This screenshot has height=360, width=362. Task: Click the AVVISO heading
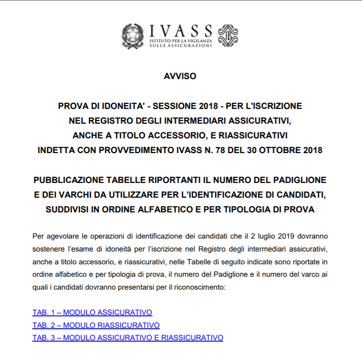tap(180, 76)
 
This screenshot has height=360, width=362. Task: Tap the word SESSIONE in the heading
tap(171, 106)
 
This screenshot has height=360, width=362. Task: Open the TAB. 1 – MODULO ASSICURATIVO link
tap(92, 313)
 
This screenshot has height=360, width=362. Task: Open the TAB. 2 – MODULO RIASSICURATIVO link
tap(96, 325)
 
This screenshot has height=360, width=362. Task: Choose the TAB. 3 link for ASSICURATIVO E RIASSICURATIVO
tap(127, 337)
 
